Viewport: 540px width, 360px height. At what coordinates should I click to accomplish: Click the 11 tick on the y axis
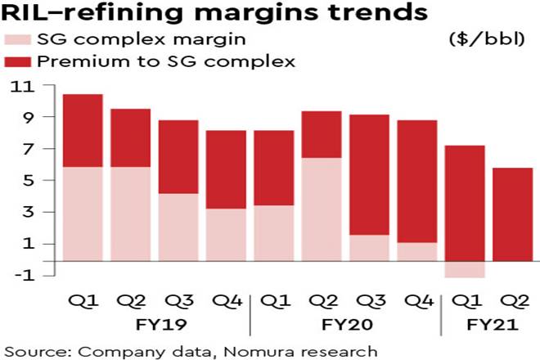coord(18,87)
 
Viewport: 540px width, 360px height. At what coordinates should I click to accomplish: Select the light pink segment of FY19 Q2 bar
coord(129,214)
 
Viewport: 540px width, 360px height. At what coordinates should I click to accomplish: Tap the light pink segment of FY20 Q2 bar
coord(321,209)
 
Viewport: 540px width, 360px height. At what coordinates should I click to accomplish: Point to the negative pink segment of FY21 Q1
coord(465,270)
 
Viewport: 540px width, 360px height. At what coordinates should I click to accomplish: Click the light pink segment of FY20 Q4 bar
coord(416,252)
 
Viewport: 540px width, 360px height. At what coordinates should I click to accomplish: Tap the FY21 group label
coord(488,324)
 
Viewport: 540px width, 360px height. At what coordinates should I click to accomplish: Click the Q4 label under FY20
coord(416,301)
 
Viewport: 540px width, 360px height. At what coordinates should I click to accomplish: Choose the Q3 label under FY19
coord(177,301)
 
